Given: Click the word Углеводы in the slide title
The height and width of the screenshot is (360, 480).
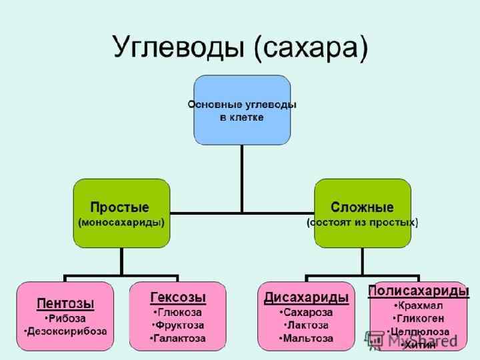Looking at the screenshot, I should pos(177,49).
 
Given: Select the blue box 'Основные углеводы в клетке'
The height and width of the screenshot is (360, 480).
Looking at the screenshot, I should pos(242,110).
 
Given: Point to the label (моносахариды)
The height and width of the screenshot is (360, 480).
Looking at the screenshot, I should pos(121,222).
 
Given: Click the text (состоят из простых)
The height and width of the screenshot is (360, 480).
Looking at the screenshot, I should pos(362,222).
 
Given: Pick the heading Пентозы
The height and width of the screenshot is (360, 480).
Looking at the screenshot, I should pos(65,304).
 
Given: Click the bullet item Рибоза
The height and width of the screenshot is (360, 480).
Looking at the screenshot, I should pos(65,318).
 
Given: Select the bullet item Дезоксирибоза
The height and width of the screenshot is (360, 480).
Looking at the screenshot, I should pos(65,331).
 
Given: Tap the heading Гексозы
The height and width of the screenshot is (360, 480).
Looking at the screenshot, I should pos(178,297).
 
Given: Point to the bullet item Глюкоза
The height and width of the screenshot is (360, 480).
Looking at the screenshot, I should pos(178,311).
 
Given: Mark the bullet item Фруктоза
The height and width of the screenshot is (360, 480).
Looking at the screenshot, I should pos(178,325).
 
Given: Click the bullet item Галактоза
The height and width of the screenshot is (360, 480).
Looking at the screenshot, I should pos(178,339).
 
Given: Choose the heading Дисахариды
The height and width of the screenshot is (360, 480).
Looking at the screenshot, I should pos(307,297).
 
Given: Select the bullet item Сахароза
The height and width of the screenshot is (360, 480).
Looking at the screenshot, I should pos(307,311).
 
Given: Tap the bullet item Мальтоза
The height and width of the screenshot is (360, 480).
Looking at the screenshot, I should pos(307,339).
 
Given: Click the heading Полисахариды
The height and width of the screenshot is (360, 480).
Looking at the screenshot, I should pos(418,291).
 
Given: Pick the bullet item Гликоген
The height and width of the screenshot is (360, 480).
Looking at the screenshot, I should pos(418,318).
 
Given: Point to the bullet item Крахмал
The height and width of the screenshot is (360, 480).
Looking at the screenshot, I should pos(418,305).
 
